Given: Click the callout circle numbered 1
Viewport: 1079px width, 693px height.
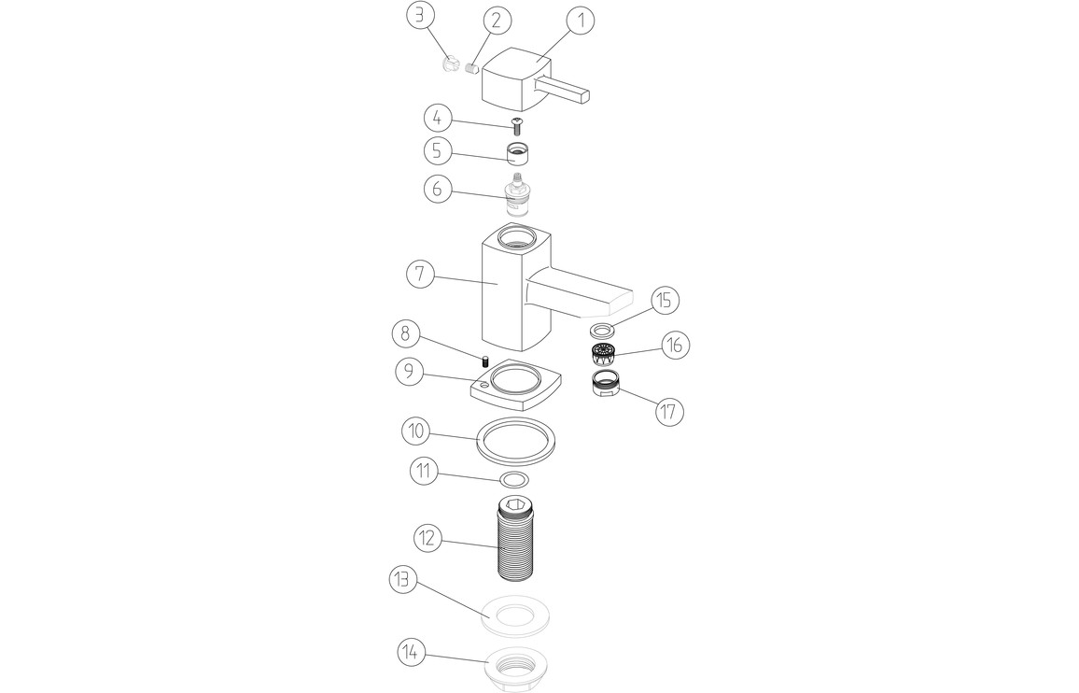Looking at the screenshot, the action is click(581, 21).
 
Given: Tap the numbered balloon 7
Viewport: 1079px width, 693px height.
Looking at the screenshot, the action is click(420, 275).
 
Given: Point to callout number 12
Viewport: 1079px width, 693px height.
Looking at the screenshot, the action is click(427, 537).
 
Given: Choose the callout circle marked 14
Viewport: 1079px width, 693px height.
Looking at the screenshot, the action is click(411, 652).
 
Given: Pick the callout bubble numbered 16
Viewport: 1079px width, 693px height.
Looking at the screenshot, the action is click(675, 345).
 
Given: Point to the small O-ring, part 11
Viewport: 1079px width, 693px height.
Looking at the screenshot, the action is click(516, 478).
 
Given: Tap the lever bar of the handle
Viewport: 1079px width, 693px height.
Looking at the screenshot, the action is click(562, 92).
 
